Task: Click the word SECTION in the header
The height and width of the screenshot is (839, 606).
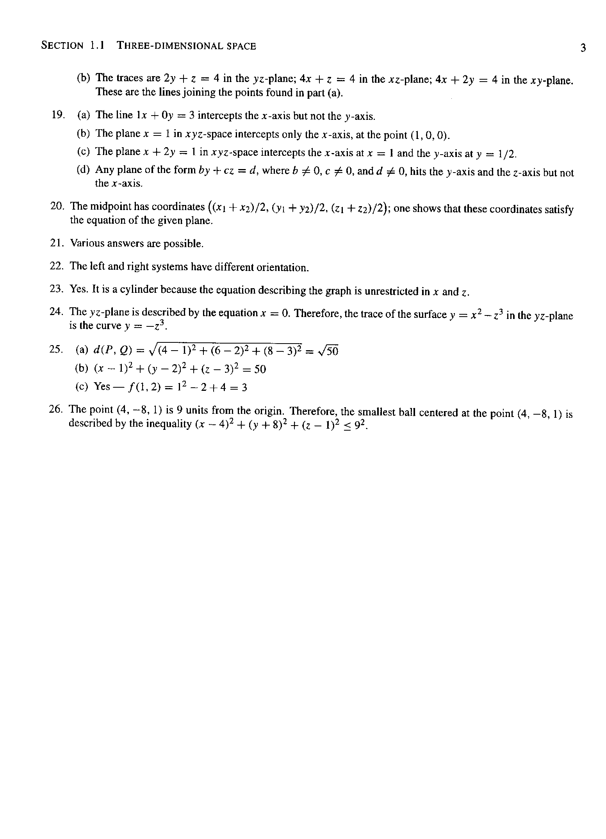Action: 62,46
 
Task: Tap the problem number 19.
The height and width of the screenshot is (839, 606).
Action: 57,114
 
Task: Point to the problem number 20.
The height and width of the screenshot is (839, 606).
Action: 57,206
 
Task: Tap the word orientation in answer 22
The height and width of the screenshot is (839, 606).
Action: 283,267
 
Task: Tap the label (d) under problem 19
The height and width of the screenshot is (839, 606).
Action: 84,170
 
